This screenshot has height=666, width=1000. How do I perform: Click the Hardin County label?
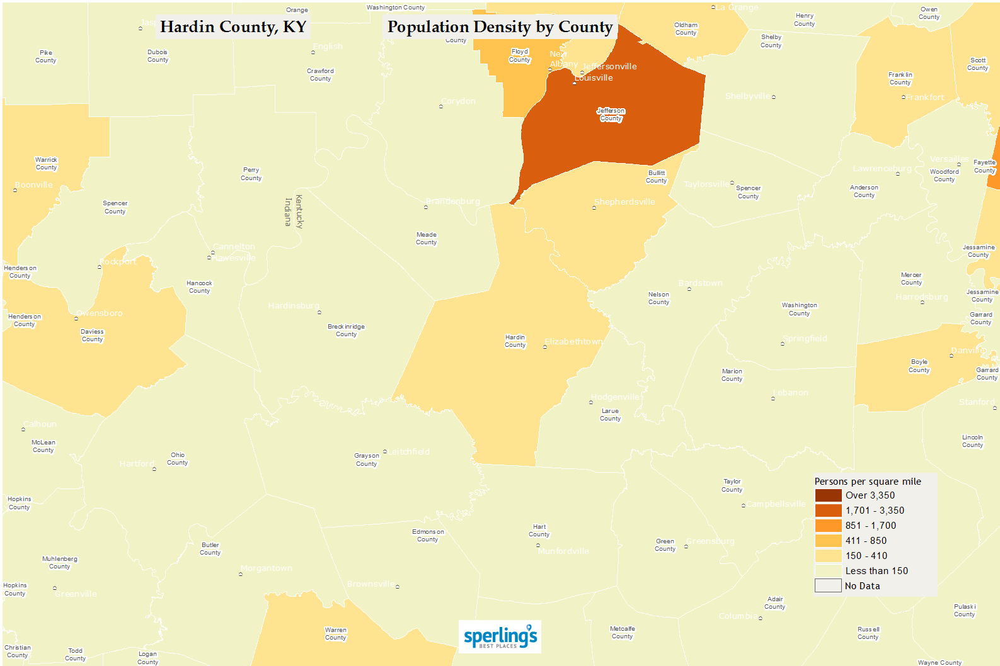pos(515,341)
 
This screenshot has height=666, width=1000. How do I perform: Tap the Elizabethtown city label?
pos(573,342)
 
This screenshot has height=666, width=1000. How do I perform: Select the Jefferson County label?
pos(611,115)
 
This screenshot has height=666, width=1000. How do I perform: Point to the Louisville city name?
pos(594,78)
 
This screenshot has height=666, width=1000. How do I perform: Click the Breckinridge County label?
pos(346,330)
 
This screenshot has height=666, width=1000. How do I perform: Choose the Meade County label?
pos(426,239)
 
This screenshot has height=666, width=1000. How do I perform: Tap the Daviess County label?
pos(92,336)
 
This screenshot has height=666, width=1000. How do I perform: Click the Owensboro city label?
pos(100,313)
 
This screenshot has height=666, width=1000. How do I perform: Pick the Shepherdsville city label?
pos(624,202)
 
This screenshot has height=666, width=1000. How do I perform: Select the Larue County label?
pos(610,415)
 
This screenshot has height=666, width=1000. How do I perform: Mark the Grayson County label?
pos(366,460)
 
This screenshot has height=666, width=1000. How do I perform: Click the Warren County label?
pos(335,634)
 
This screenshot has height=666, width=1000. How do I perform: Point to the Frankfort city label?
pos(925,98)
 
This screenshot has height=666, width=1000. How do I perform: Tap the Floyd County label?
pos(520,56)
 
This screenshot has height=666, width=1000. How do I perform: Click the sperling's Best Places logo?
pos(500,637)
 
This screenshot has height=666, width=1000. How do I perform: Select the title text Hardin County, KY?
pos(233,27)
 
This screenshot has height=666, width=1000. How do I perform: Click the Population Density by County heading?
pos(500,27)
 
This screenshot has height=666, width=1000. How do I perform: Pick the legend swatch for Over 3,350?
pos(828,495)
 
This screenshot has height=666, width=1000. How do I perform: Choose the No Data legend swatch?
pos(828,586)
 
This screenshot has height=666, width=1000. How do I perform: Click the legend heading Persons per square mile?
pos(868,482)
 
